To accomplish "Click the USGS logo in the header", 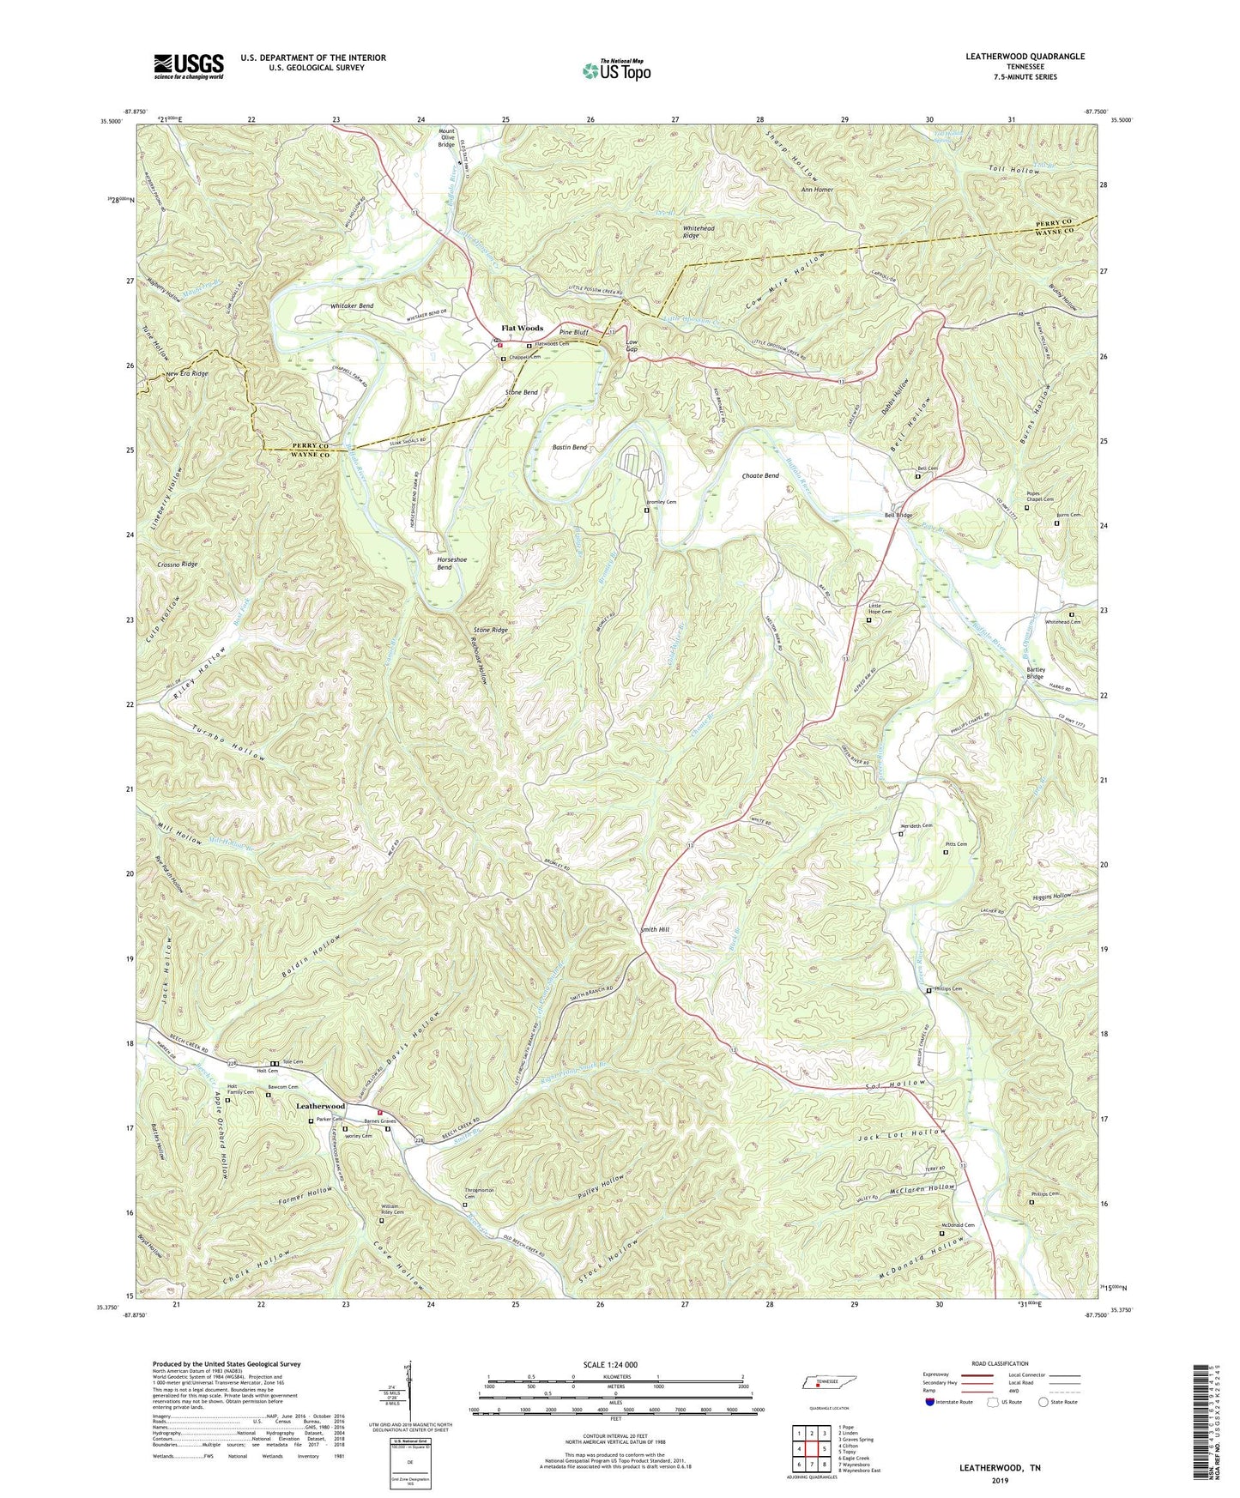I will point(189,65).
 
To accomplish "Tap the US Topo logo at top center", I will point(616,70).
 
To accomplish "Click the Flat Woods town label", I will point(522,328).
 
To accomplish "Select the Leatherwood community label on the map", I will point(320,1106).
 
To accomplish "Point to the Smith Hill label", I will point(654,929).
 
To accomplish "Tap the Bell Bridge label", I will point(898,515).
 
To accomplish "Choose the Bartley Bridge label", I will point(1035,673).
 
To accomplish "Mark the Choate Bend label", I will point(760,476).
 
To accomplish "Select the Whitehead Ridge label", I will point(699,232).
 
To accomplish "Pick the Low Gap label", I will point(632,345).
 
